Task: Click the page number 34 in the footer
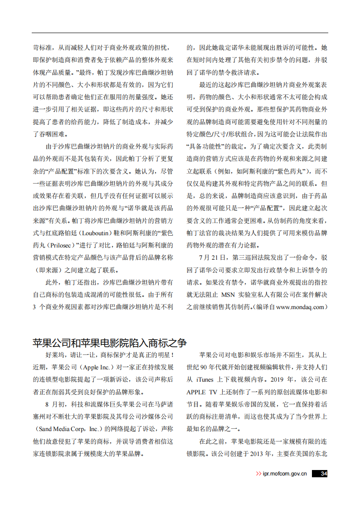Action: coord(323,474)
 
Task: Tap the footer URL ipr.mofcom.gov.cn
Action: coord(285,474)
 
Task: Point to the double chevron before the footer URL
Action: coord(258,474)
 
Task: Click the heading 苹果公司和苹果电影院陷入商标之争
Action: coord(110,343)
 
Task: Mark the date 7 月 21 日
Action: coord(212,258)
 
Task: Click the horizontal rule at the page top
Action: coord(180,33)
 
